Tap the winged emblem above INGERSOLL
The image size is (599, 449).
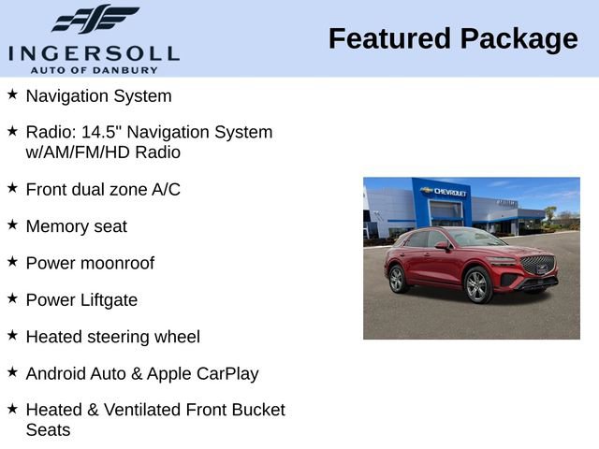[95, 19]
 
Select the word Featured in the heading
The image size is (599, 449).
[389, 39]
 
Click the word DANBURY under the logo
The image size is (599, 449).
[131, 69]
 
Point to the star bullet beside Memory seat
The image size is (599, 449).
[12, 224]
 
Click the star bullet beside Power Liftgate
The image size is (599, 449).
[12, 298]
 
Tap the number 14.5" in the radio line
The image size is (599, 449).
[115, 132]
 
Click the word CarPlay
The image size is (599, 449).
[227, 373]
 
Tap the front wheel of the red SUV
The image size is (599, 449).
[477, 285]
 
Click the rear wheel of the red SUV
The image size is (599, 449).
[397, 279]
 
